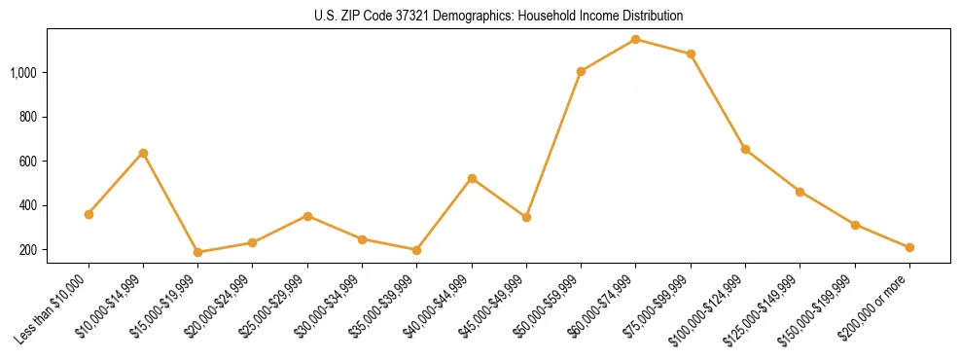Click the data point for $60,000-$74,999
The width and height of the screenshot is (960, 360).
pyautogui.click(x=635, y=39)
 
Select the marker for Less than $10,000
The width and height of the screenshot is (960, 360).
pyautogui.click(x=89, y=214)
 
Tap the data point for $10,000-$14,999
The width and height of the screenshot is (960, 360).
pyautogui.click(x=143, y=153)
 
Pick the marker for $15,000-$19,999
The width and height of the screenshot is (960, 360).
pyautogui.click(x=197, y=252)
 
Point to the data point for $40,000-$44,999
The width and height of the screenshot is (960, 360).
pyautogui.click(x=472, y=178)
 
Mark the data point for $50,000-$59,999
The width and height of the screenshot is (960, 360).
pyautogui.click(x=581, y=71)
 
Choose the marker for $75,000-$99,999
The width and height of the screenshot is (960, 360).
pyautogui.click(x=691, y=54)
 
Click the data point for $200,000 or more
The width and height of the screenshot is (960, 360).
pyautogui.click(x=909, y=247)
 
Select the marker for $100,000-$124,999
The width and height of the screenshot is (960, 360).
pyautogui.click(x=745, y=149)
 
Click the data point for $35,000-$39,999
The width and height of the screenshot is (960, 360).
pyautogui.click(x=416, y=250)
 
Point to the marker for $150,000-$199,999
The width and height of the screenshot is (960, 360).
pyautogui.click(x=855, y=225)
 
